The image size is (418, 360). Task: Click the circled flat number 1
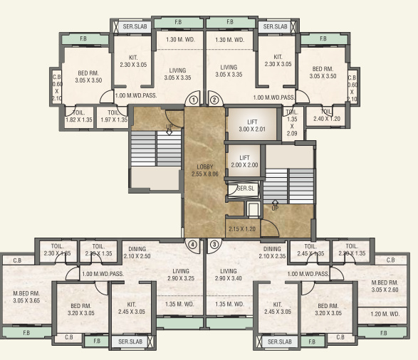coord(194,100)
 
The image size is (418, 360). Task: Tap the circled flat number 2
coord(213,100)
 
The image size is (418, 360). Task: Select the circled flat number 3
coord(213,245)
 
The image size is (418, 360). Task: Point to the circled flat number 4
coord(192,245)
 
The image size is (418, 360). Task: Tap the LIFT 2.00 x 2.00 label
coord(244,162)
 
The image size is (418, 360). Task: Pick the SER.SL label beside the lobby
coord(246,189)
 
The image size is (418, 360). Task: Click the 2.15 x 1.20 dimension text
coord(242,229)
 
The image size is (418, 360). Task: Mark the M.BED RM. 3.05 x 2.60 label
coord(389,285)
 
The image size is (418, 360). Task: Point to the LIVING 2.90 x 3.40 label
coord(228,275)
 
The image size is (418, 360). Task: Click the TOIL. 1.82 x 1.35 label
coord(78,116)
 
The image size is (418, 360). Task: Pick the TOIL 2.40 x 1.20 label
coord(327,115)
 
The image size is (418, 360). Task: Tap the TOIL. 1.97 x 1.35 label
coord(113,116)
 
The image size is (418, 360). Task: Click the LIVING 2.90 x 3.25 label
coord(180,275)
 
